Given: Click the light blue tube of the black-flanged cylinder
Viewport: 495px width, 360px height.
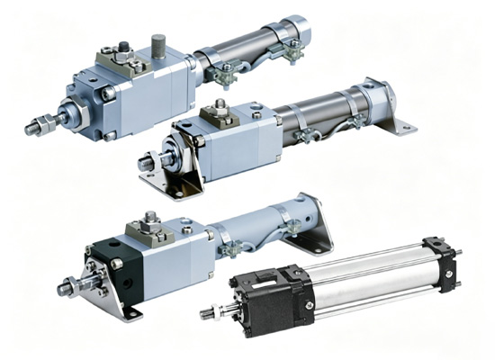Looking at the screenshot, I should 261,229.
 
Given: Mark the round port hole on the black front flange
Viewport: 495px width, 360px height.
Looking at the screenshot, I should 117,264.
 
